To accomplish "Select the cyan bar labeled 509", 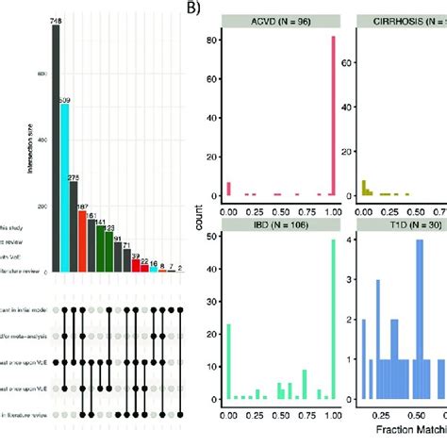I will [x=64, y=188].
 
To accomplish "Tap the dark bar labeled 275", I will [x=74, y=226].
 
